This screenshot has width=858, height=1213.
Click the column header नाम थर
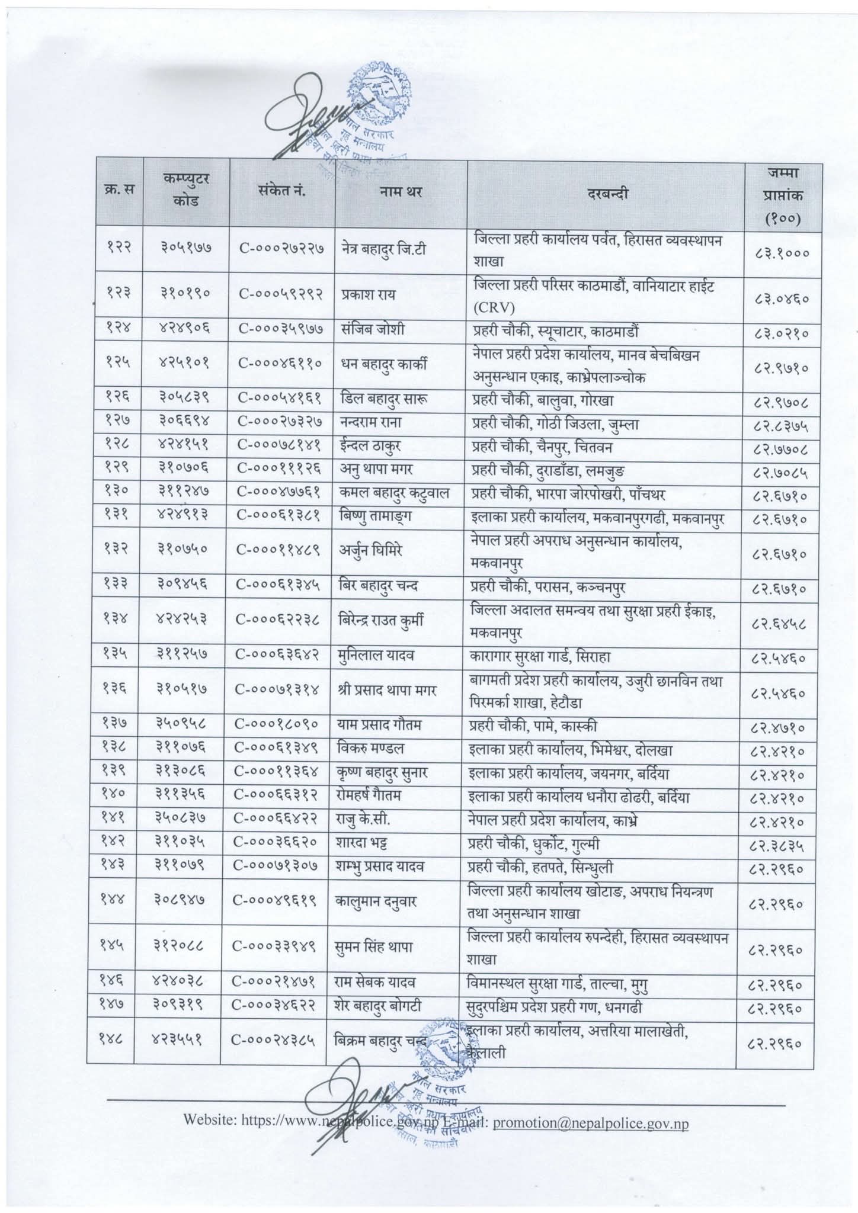click(402, 192)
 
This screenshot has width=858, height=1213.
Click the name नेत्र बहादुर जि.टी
click(392, 249)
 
